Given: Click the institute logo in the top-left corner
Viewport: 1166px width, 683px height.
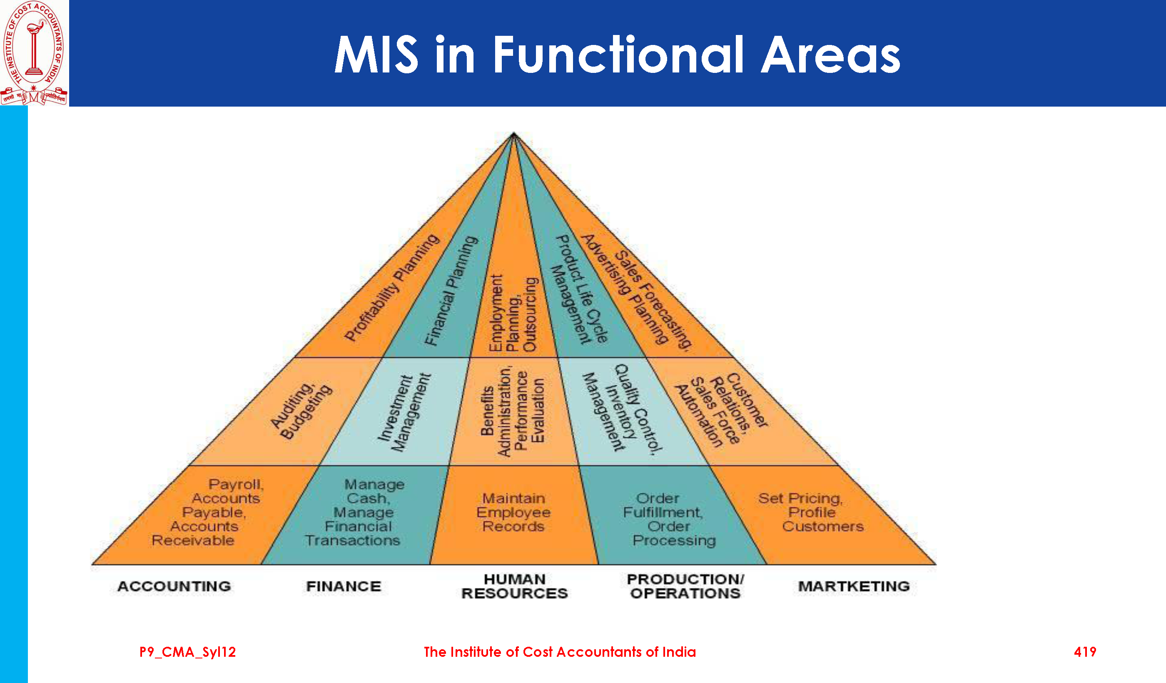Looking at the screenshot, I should (34, 53).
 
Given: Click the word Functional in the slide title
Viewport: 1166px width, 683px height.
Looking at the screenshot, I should (618, 55).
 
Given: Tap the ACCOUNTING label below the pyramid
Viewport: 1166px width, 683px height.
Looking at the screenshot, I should (174, 586).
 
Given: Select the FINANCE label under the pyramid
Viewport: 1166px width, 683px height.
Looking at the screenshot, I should (343, 586).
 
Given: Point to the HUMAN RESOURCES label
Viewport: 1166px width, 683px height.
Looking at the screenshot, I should (514, 586).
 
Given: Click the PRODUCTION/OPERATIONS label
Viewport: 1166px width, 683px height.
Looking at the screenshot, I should (685, 586).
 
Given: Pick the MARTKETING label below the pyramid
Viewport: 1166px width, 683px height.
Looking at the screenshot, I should (854, 586).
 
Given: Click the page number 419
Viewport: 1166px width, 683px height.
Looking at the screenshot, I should (1084, 652).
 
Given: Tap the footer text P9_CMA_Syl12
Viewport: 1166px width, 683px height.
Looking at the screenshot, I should (187, 652).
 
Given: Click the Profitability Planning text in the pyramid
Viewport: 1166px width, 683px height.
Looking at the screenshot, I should (391, 288).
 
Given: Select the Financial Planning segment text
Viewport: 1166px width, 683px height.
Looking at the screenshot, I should (451, 291).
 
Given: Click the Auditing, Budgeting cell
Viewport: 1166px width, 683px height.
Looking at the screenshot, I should (301, 411).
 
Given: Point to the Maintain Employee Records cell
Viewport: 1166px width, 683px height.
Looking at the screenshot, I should (513, 512).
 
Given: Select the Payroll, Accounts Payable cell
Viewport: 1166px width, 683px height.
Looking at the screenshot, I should (211, 512).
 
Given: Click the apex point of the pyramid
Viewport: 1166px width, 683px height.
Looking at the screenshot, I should (513, 134).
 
